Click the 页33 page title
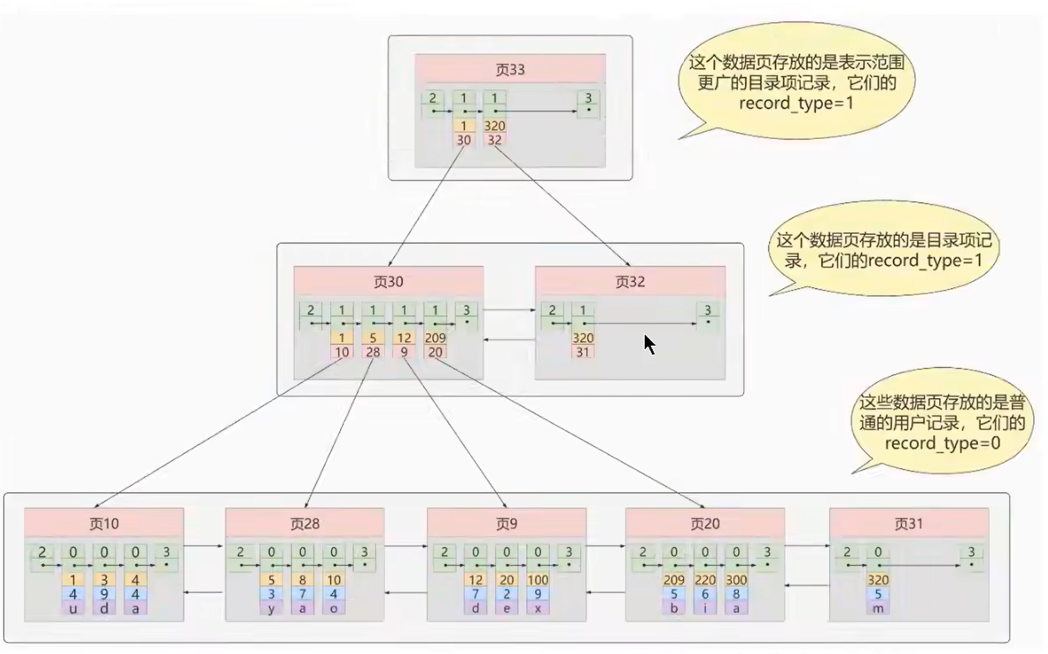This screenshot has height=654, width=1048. pyautogui.click(x=510, y=70)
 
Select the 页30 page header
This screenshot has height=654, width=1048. pyautogui.click(x=388, y=281)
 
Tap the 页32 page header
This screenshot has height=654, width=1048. pyautogui.click(x=629, y=281)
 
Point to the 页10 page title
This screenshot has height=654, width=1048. pyautogui.click(x=104, y=524)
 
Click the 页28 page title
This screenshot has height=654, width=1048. pyautogui.click(x=305, y=524)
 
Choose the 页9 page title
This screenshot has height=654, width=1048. pyautogui.click(x=507, y=524)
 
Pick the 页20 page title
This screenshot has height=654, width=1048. pyautogui.click(x=705, y=524)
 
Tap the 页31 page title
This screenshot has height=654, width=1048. pyautogui.click(x=909, y=524)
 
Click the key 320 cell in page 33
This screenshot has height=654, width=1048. pyautogui.click(x=494, y=126)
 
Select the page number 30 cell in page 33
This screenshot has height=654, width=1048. pyautogui.click(x=464, y=140)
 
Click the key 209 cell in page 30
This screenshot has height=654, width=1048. pyautogui.click(x=435, y=338)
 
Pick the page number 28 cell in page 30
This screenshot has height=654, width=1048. pyautogui.click(x=373, y=352)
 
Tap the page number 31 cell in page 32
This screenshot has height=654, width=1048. pyautogui.click(x=582, y=352)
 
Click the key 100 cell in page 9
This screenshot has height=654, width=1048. pyautogui.click(x=537, y=579)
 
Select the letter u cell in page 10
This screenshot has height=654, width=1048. pyautogui.click(x=73, y=608)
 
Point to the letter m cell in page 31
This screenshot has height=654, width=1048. pyautogui.click(x=877, y=608)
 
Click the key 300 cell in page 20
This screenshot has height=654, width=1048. pyautogui.click(x=736, y=579)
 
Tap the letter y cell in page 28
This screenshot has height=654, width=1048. pyautogui.click(x=271, y=608)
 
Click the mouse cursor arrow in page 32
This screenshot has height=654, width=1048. pyautogui.click(x=650, y=344)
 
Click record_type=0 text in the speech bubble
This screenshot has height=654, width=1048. pyautogui.click(x=943, y=443)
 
